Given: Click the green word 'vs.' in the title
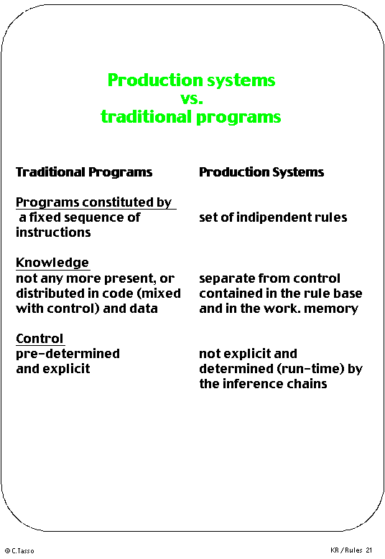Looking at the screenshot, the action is tap(192, 98).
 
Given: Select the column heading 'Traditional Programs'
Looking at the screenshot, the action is tap(84, 172).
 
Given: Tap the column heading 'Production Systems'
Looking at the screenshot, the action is tap(261, 172).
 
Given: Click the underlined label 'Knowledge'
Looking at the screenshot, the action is tap(52, 263).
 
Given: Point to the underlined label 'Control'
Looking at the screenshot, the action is tap(40, 338).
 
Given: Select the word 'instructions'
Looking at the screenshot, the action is tap(54, 232).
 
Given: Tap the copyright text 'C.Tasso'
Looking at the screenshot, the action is tap(23, 551).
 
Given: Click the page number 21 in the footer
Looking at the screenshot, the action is tap(368, 550).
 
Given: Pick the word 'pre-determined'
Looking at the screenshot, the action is tap(68, 354).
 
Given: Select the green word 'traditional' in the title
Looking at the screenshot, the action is tap(147, 117).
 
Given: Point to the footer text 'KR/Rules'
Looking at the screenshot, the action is tap(346, 550).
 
